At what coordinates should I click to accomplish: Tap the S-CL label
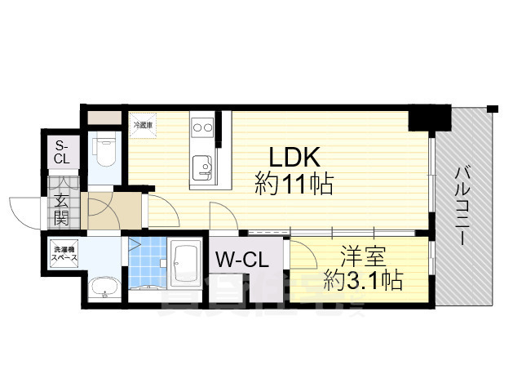coord(62,153)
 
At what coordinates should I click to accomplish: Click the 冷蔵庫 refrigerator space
coord(144,125)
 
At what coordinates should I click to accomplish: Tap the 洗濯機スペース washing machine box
coord(64,252)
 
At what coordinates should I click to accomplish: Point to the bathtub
coord(189,263)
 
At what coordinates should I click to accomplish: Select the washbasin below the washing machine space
coord(103,287)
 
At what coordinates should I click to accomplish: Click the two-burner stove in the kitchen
coord(201,127)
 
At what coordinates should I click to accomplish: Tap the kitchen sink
coord(201,171)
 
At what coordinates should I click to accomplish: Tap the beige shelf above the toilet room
coord(104,117)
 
